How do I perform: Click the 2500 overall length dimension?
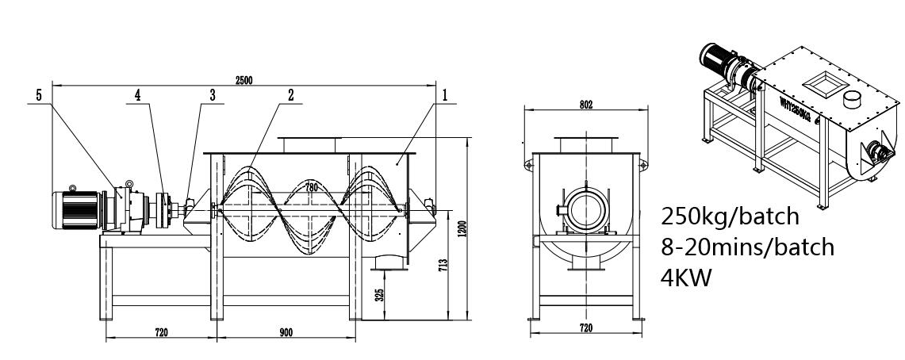pyautogui.click(x=244, y=81)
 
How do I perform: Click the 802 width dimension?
pyautogui.click(x=586, y=105)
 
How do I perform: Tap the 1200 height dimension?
pyautogui.click(x=461, y=228)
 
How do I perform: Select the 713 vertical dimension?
pyautogui.click(x=443, y=265)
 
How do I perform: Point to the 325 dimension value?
pyautogui.click(x=379, y=295)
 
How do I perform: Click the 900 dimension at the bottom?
pyautogui.click(x=286, y=332)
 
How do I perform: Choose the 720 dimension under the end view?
pyautogui.click(x=585, y=329)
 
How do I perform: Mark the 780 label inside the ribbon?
pyautogui.click(x=311, y=187)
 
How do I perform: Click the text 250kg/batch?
pyautogui.click(x=731, y=217)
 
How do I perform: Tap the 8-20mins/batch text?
pyautogui.click(x=747, y=247)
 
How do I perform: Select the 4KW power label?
pyautogui.click(x=686, y=277)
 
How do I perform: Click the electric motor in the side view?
pyautogui.click(x=77, y=209)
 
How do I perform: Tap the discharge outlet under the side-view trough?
pyautogui.click(x=386, y=262)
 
